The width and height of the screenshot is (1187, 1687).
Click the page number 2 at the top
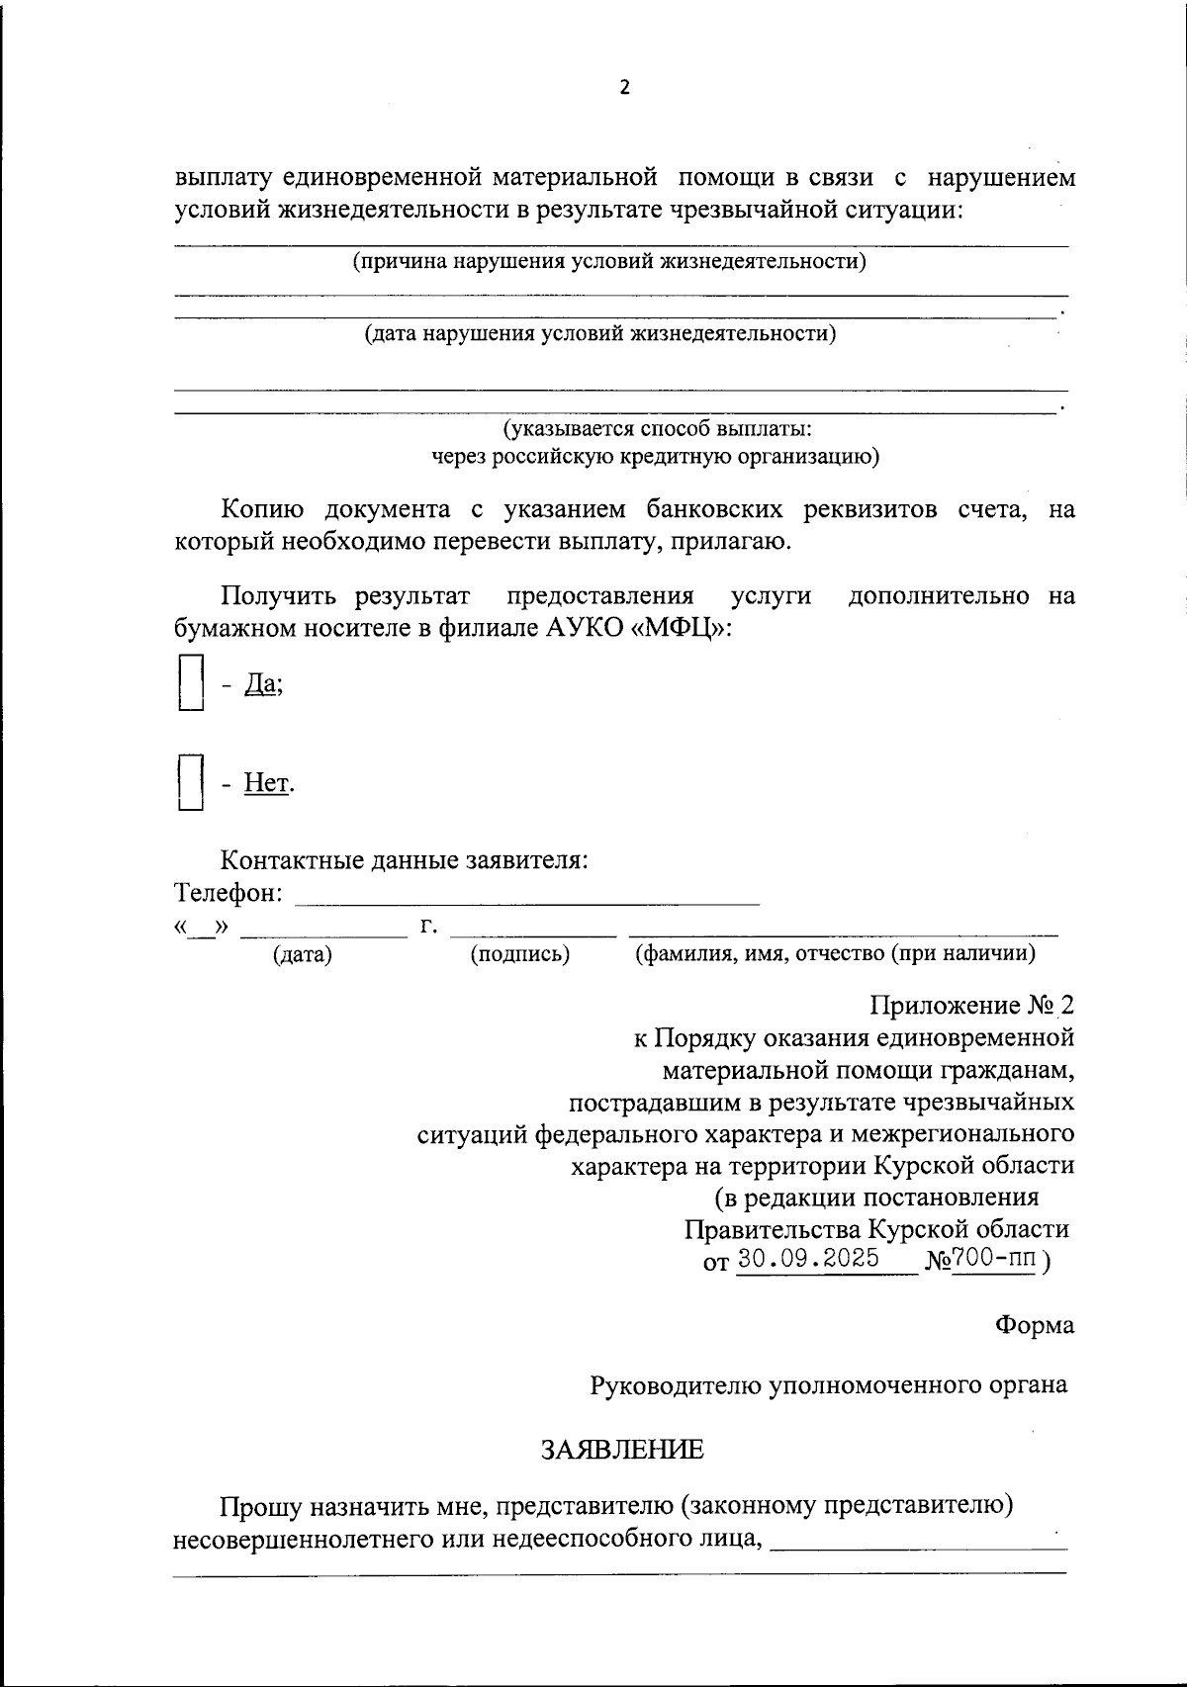[624, 87]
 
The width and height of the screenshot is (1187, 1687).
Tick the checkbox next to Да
[190, 682]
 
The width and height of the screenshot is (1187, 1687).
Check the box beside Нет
[190, 782]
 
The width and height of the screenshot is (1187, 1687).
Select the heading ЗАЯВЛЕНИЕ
[622, 1451]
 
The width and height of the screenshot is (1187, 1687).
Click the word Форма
[1035, 1325]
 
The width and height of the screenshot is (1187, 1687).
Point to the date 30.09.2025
[808, 1259]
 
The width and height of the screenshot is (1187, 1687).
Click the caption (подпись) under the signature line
[520, 954]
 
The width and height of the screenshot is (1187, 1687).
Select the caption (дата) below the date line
[303, 954]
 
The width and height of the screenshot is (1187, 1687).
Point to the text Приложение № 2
[971, 1006]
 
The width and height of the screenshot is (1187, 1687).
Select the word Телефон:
[228, 893]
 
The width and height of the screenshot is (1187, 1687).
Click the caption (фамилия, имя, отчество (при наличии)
[835, 954]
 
